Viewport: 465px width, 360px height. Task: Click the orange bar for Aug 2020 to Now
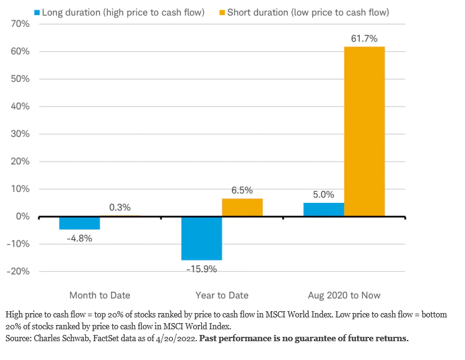pyautogui.click(x=364, y=131)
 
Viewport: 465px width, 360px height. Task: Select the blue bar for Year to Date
pyautogui.click(x=202, y=239)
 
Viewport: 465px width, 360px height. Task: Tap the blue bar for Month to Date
pyautogui.click(x=80, y=223)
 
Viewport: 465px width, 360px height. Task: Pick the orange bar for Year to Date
pyautogui.click(x=242, y=207)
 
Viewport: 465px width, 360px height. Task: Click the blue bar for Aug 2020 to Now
pyautogui.click(x=323, y=210)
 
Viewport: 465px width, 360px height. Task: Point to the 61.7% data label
pyautogui.click(x=364, y=39)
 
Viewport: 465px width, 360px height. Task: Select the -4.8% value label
pyautogui.click(x=80, y=238)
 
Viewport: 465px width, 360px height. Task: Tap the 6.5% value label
pyautogui.click(x=242, y=190)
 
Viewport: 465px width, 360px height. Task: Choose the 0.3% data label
pyautogui.click(x=120, y=208)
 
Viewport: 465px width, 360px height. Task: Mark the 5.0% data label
pyautogui.click(x=323, y=195)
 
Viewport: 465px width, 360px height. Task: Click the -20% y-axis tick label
pyautogui.click(x=18, y=272)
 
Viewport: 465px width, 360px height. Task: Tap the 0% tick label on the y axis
pyautogui.click(x=23, y=217)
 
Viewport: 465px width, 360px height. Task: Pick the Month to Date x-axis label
pyautogui.click(x=100, y=295)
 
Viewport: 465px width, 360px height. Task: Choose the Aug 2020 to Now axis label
pyautogui.click(x=344, y=295)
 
